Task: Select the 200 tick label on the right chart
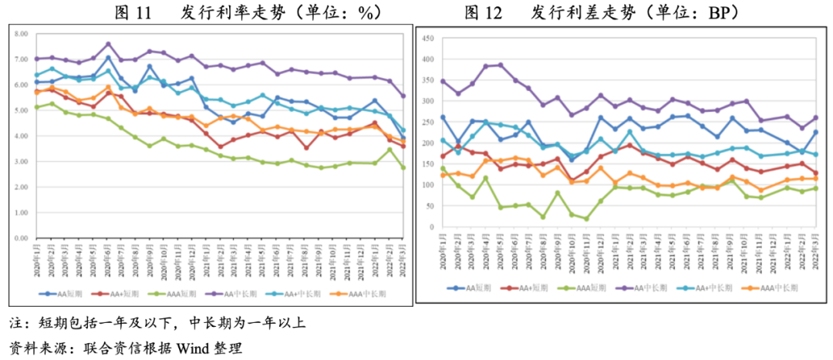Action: (431, 143)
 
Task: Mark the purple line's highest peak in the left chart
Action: (108, 44)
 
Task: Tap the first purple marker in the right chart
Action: (443, 81)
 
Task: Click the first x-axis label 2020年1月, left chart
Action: (36, 262)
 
